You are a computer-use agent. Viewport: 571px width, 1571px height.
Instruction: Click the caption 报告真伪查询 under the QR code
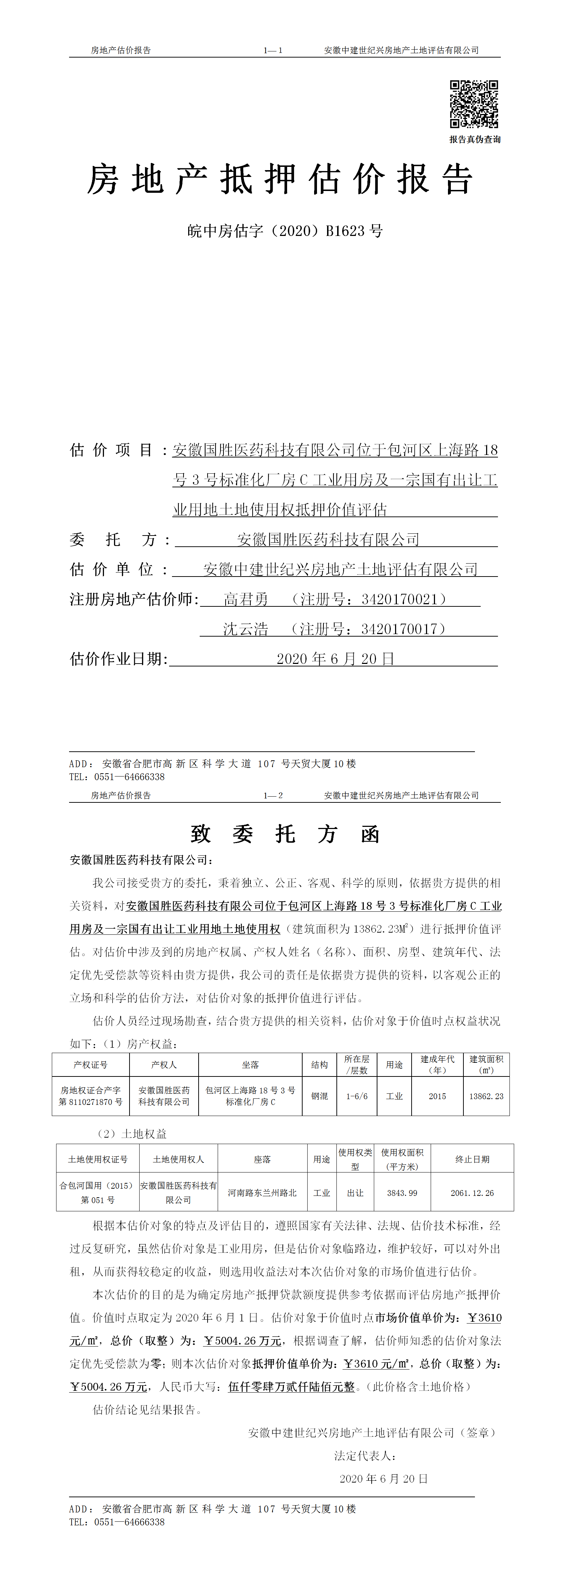[x=475, y=140]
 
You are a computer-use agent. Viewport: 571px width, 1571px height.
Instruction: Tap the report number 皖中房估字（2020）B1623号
[x=285, y=231]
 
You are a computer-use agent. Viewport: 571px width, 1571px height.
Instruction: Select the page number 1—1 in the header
[x=273, y=51]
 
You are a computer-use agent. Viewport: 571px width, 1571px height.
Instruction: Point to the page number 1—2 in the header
[x=273, y=795]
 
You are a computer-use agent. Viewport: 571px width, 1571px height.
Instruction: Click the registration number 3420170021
[x=400, y=600]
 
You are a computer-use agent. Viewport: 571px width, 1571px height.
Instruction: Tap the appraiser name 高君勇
[x=246, y=600]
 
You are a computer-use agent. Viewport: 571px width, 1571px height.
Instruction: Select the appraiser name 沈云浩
[x=245, y=629]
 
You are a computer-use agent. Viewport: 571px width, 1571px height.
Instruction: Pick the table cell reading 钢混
[x=320, y=1096]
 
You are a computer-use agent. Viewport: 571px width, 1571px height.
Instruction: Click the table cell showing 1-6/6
[x=357, y=1096]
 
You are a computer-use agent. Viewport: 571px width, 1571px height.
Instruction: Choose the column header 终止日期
[x=472, y=1159]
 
